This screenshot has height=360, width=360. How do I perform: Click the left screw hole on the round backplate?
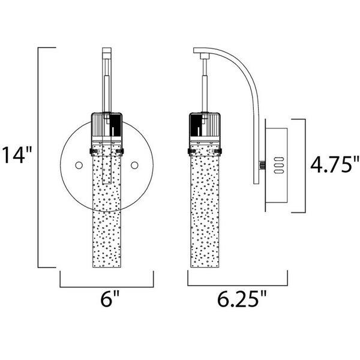pos(79,164)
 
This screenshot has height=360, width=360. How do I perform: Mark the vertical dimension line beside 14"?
pos(40,156)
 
